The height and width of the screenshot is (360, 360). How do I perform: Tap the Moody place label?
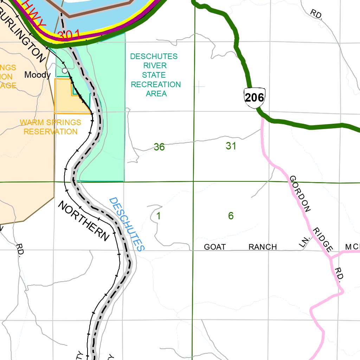coord(37,75)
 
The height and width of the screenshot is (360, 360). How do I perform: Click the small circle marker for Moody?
coord(65,71)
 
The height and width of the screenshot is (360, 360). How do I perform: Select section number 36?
coord(159,147)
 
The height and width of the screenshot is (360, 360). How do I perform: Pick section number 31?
coord(231,146)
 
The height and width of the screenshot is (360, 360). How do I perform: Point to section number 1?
coord(159,216)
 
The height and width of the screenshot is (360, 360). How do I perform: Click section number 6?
coord(231,216)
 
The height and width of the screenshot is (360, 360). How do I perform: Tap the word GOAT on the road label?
coord(215,247)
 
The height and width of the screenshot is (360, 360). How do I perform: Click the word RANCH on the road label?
coord(263,247)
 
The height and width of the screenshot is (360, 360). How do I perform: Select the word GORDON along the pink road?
coord(300,194)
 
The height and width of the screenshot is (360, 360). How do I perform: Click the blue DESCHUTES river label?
coord(127,224)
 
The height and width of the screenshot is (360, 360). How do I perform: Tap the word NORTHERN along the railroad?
coord(84,221)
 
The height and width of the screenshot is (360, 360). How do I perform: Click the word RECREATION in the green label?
coord(156,84)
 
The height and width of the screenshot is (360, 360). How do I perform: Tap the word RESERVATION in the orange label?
coord(51,131)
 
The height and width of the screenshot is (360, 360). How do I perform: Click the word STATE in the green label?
coord(154,75)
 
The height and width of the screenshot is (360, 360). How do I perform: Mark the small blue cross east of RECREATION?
coord(199,86)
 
